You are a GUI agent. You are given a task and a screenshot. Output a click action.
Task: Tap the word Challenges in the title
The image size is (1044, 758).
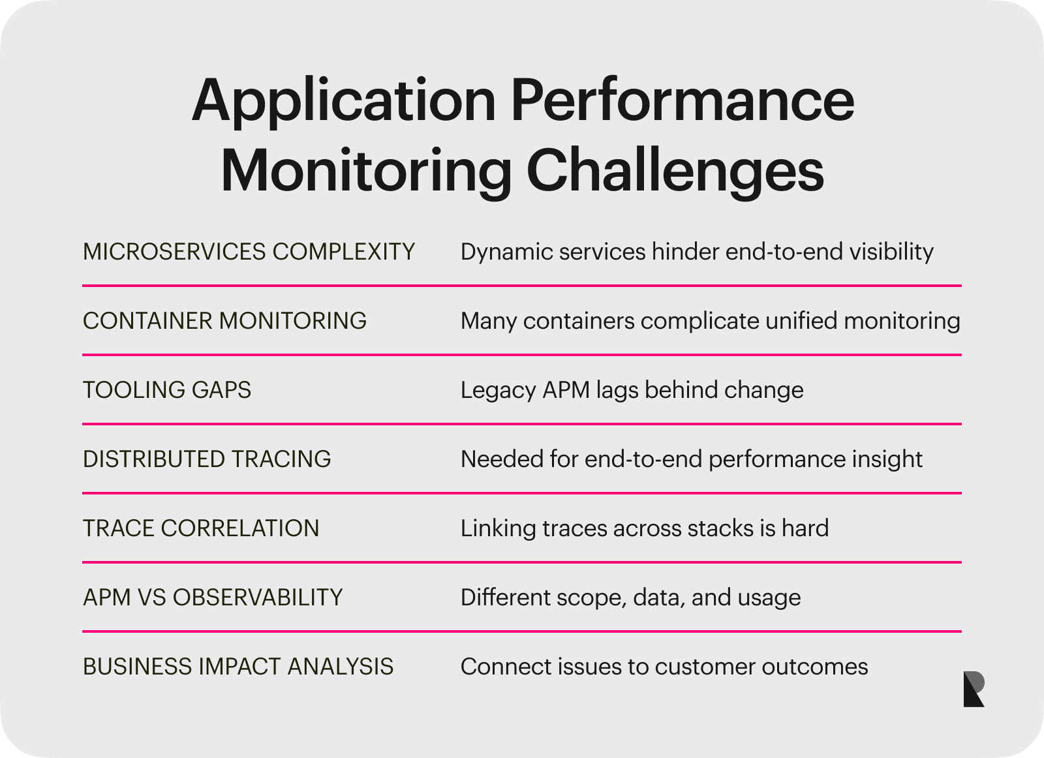point(675,171)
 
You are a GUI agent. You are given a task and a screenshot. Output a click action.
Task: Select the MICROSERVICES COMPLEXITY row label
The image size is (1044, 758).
point(249,252)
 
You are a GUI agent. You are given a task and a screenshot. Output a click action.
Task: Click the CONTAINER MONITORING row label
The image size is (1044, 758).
point(224,321)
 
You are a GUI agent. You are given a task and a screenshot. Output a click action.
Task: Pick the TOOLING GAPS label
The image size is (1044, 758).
point(167,390)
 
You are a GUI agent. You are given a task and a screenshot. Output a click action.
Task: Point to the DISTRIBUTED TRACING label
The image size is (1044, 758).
point(207,459)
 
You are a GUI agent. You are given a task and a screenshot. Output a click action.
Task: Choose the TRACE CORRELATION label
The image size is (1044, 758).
point(201,528)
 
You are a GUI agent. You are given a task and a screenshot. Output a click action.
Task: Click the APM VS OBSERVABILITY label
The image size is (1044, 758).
point(213,598)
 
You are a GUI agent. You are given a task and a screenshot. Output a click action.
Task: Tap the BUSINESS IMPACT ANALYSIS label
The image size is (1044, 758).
point(238,667)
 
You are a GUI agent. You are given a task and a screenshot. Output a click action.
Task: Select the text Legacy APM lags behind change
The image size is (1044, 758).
point(632,390)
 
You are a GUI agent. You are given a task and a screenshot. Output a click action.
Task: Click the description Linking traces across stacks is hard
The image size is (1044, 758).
point(644,528)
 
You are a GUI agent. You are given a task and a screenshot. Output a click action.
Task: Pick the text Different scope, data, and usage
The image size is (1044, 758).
point(630,598)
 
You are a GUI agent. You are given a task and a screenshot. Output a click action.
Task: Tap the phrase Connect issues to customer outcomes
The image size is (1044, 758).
point(664,667)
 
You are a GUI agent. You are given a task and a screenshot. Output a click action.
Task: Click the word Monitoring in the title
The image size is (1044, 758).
point(365,171)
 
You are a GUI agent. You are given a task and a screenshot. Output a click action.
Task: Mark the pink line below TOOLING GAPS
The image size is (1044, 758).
point(522,424)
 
